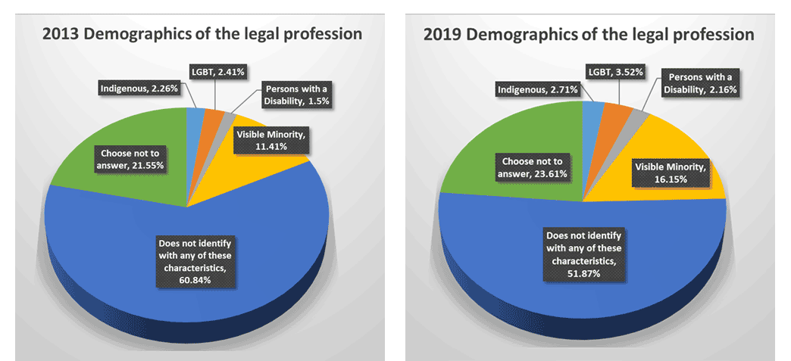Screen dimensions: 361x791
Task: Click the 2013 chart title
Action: point(202,34)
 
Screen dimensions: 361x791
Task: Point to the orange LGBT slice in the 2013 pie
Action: point(211,121)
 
